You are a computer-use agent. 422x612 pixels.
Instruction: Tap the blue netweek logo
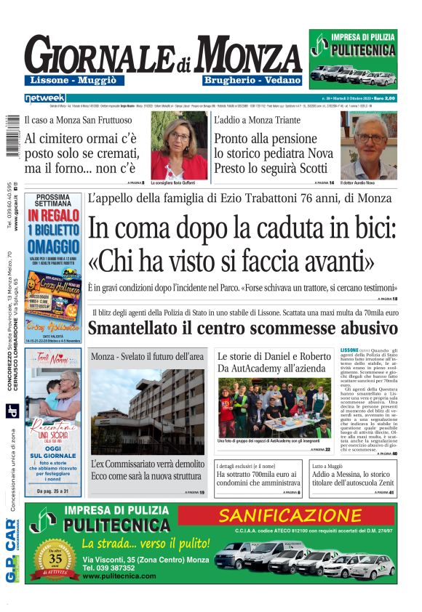(x=44, y=97)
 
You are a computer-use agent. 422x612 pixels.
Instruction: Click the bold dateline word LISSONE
(x=350, y=350)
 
